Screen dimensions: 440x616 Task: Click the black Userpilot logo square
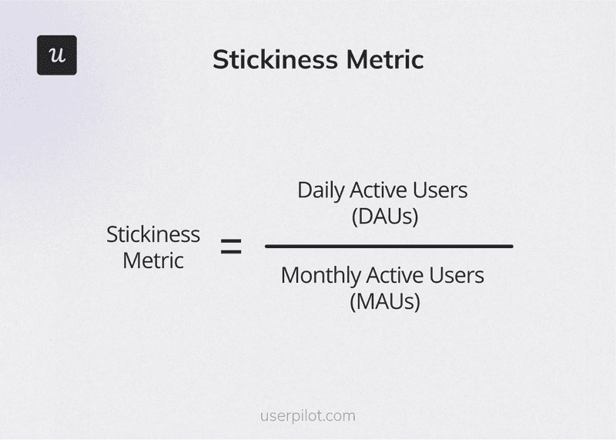pos(57,55)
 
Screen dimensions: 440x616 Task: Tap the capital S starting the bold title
pos(220,59)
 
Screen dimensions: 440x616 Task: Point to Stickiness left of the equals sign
pos(153,234)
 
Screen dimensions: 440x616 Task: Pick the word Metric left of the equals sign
pos(153,260)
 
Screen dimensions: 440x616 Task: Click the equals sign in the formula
pos(231,247)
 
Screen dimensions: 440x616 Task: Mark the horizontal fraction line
pos(389,247)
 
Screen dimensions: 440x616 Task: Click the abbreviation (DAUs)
pos(385,217)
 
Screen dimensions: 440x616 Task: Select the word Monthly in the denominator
pos(320,275)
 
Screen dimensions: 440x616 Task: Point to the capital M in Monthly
pos(290,274)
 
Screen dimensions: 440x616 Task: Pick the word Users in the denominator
pos(460,274)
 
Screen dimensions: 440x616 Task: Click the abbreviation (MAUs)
pos(385,301)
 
